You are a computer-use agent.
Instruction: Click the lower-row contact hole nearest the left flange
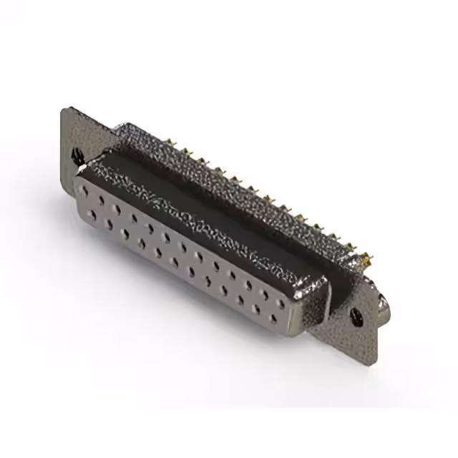93,214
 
